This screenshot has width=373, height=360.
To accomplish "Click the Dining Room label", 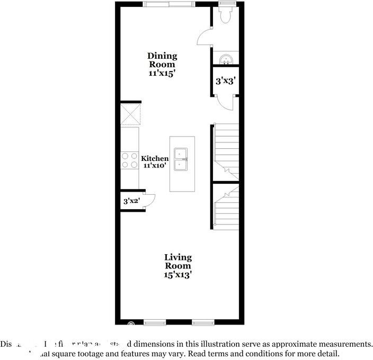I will (162, 65).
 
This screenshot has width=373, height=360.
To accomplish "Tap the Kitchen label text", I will (155, 158).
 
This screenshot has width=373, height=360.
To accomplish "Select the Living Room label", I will (177, 266).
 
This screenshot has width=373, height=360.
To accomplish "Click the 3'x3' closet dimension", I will (225, 82).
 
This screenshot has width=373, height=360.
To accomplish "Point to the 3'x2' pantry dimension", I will (131, 201).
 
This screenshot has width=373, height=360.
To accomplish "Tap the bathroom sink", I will (226, 59).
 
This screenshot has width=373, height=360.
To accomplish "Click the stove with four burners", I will (129, 160).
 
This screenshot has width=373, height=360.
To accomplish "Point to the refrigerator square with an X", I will (129, 114).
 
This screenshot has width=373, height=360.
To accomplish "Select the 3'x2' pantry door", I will (149, 201).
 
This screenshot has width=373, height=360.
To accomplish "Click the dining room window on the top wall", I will (169, 4).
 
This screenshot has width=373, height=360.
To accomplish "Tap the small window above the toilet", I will (226, 4).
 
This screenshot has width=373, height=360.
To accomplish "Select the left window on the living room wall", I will (155, 322).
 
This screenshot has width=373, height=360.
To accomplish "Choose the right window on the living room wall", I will (203, 322).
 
